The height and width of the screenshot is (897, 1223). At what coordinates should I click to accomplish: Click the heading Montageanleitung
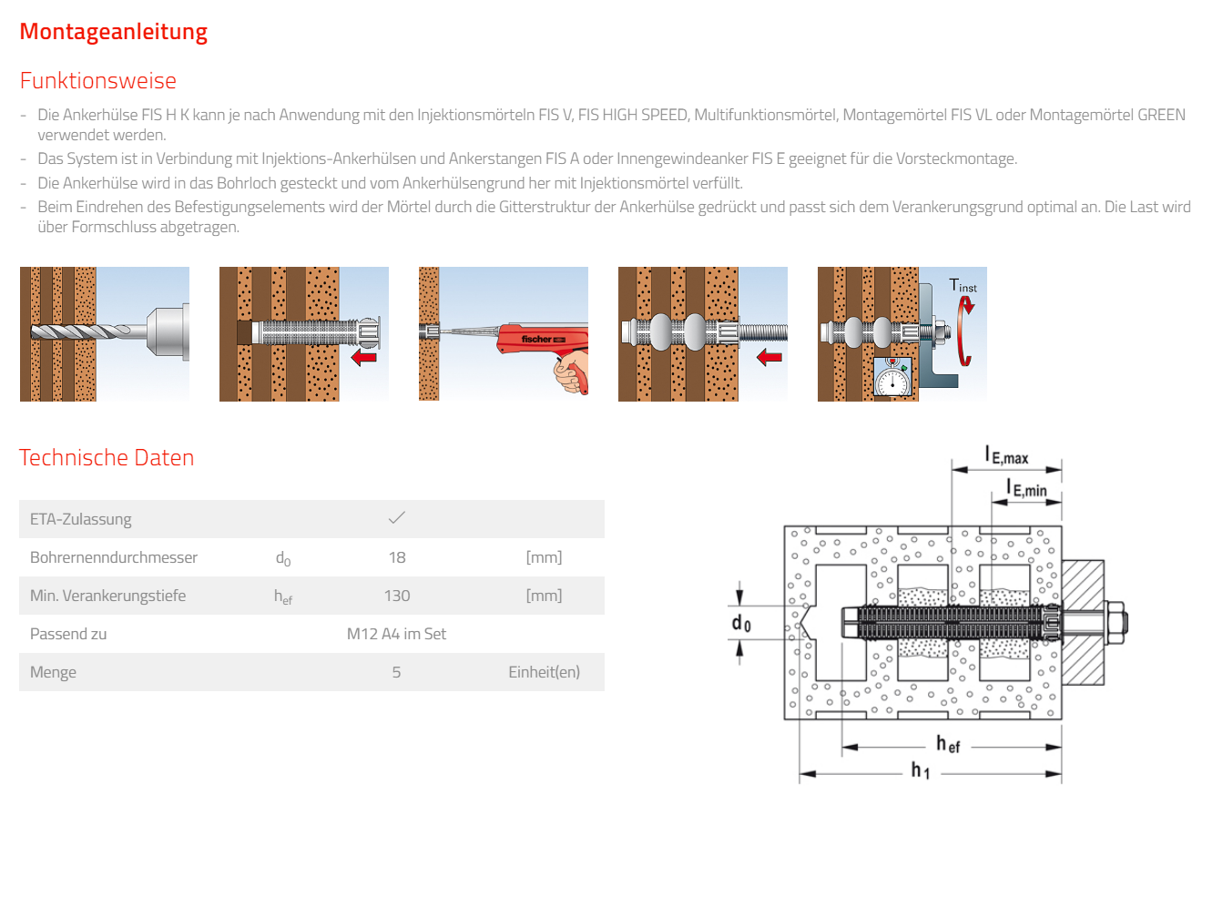point(113,32)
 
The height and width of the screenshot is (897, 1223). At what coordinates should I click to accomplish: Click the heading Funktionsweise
point(98,81)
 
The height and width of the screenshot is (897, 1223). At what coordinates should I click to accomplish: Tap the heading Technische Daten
point(107,458)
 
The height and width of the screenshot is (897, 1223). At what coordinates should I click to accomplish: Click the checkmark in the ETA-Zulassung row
point(397,518)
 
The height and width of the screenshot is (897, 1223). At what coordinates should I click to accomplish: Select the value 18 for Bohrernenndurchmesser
point(397,557)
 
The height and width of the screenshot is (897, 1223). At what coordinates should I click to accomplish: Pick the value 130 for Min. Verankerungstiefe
point(397,596)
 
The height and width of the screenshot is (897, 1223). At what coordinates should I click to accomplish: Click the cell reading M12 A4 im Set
point(396,634)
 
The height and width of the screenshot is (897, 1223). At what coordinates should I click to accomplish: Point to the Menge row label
point(53,672)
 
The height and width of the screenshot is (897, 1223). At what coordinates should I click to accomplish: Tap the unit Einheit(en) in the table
point(544,672)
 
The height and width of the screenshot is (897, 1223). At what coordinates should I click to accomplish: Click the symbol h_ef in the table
point(283,596)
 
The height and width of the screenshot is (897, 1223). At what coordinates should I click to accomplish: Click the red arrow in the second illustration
point(364,357)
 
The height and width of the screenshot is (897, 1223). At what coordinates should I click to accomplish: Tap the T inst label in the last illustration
point(963,286)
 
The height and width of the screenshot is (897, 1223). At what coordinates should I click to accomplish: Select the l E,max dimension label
point(1006,455)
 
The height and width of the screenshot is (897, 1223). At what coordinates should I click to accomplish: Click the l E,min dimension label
point(1026,489)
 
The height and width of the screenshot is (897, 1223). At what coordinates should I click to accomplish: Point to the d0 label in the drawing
point(741,623)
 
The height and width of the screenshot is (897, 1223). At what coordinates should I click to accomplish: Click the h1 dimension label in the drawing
point(921,770)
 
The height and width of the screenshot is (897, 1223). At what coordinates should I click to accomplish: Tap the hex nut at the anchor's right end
point(1115,622)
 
